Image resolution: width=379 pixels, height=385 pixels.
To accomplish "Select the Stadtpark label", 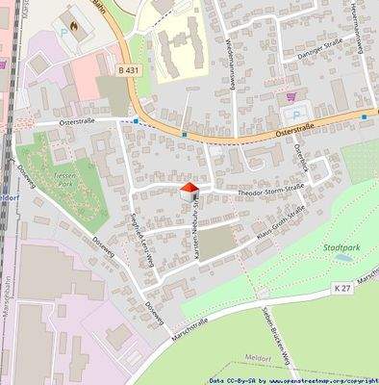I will (341, 248).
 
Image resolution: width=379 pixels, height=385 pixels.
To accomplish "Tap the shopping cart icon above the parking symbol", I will (291, 97).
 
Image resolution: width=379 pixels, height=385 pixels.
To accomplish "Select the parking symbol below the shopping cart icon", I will (296, 114).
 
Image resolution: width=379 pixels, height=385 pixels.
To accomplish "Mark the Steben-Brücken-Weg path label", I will (265, 332).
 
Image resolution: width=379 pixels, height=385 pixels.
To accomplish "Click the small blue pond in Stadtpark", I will (342, 259).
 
